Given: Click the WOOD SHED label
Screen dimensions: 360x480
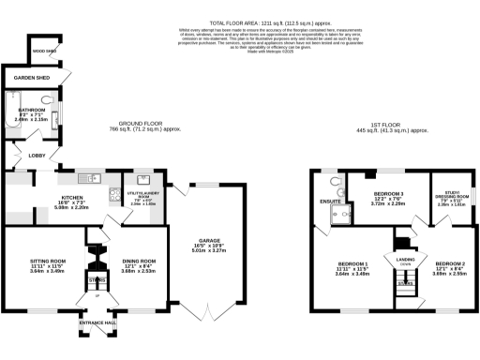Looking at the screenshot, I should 44,52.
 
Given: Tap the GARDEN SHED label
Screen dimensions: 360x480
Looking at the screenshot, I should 31,80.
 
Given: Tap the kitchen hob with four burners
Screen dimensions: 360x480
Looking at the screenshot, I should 111,178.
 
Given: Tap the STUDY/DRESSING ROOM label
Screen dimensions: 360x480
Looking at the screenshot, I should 447,197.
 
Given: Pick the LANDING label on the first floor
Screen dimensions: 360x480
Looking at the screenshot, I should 404,258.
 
